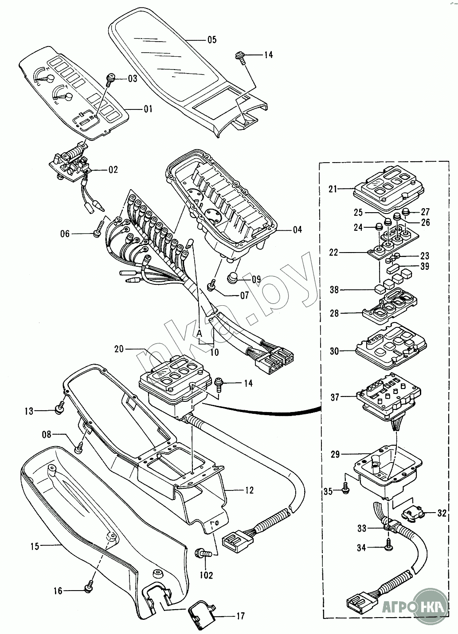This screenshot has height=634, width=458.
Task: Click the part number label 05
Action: click(x=211, y=40)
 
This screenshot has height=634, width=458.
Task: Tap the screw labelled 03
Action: click(x=111, y=80)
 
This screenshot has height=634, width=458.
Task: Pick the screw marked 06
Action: click(x=98, y=233)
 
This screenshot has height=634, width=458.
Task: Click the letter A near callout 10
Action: click(x=200, y=332)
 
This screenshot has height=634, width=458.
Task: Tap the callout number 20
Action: click(x=119, y=349)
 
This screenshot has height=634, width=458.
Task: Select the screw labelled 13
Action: click(x=59, y=410)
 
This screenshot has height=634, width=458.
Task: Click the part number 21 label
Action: click(x=333, y=189)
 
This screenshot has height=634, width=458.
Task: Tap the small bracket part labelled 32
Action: click(x=413, y=514)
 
